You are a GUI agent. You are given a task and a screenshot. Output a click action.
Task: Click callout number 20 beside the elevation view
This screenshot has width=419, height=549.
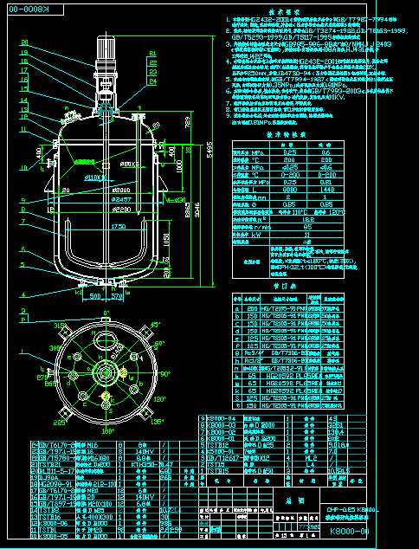tap(23, 42)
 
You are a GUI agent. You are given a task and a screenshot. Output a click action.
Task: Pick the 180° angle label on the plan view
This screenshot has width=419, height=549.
tap(108, 430)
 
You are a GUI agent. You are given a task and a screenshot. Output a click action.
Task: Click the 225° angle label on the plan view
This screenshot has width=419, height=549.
tap(59, 423)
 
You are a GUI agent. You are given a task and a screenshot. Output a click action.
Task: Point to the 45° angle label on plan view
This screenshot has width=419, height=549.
tap(156, 325)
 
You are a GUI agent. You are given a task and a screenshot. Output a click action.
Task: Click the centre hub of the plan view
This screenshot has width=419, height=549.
tap(106, 373)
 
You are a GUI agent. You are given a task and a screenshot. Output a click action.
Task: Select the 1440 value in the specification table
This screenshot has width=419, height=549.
tap(351, 188)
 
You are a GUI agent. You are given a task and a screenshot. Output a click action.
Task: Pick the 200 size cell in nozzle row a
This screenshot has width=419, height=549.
tap(252, 307)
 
